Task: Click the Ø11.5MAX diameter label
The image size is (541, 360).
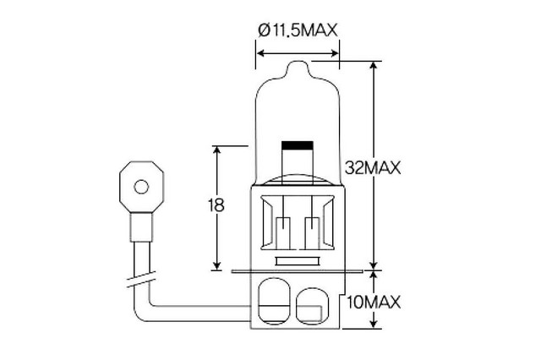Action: coord(298,30)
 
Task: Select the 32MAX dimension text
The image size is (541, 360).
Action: coord(373,168)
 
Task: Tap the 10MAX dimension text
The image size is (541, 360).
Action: coord(374,303)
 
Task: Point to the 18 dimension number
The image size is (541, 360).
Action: coord(216,205)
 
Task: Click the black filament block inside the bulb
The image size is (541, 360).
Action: coord(298,145)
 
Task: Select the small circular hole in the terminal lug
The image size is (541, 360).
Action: coord(141,187)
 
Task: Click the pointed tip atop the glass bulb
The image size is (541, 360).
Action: coord(297,62)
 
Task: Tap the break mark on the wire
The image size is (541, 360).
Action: coord(141,280)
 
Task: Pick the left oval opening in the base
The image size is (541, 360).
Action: coord(274,301)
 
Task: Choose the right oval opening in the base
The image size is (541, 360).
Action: coord(312,306)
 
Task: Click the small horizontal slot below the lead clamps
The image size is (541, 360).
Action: coord(298,261)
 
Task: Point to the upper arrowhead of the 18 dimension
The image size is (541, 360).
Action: coord(216,150)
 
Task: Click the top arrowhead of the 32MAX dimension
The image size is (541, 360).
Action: coord(374,66)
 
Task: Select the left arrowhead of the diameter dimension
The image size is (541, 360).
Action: coord(261,53)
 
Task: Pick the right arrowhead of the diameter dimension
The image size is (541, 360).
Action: coord(335,53)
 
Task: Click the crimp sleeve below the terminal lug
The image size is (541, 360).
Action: coord(141,226)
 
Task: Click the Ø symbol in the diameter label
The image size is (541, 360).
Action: coord(265,30)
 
